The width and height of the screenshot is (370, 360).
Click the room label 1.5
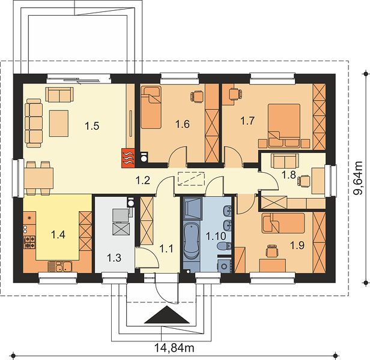pos(92,126)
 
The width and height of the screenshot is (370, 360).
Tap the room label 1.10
pos(216,236)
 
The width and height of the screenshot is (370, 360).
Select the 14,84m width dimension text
pos(174,347)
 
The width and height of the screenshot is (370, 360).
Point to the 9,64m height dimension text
pos(357,178)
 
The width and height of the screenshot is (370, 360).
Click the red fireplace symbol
pos(128,158)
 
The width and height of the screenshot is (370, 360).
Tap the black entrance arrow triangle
pos(167,314)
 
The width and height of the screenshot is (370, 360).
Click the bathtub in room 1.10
pos(192,241)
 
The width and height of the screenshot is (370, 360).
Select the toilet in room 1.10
pos(224,246)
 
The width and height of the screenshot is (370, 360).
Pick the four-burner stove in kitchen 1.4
pos(29,242)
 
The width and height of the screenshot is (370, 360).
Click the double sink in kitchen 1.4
pos(60,266)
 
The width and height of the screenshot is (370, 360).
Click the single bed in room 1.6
pos(151,107)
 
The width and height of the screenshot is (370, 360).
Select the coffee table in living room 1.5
pos(59,124)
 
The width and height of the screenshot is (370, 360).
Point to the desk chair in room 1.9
pos(271,251)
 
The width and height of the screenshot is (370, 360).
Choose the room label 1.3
pos(114,257)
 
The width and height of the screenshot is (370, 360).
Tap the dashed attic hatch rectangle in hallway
pos(190,179)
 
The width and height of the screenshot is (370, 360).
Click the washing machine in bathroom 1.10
pos(224,266)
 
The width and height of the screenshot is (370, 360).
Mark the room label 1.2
pos(143,181)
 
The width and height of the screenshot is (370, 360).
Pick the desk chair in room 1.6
pos(197,97)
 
